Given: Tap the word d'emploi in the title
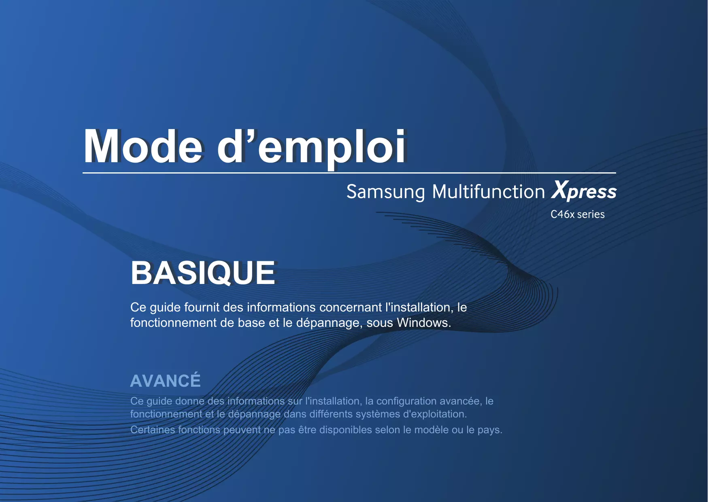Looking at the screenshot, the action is pos(311,148).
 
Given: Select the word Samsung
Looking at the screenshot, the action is pos(386,192).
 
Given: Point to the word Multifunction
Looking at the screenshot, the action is pos(489,191).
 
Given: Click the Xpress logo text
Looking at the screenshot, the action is pos(584,191).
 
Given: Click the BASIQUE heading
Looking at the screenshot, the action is pos(203,273).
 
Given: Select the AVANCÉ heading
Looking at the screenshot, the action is pos(166,380).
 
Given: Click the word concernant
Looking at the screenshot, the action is pos(351,307).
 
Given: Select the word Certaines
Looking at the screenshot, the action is pos(153,430).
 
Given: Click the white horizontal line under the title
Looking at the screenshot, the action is pos(349,173).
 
